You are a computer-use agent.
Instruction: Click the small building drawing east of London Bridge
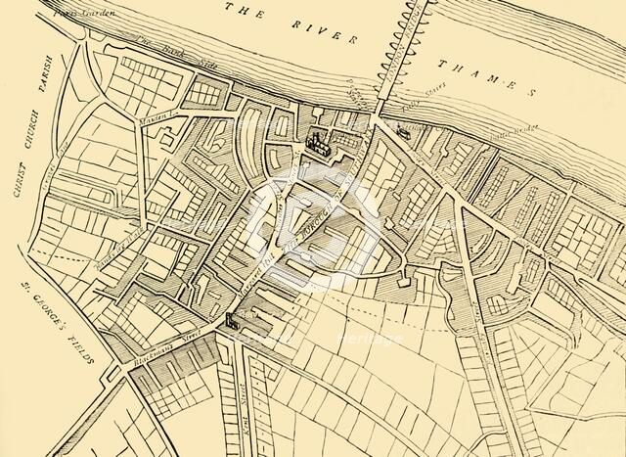(x=402, y=129)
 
